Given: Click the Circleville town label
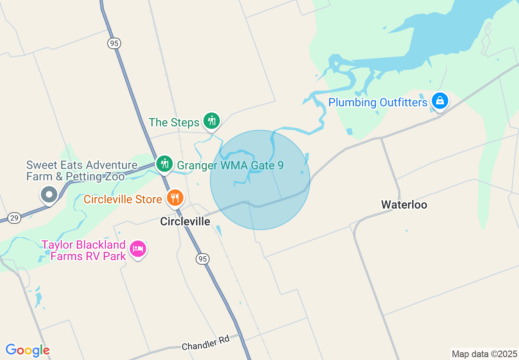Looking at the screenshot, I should [185, 221].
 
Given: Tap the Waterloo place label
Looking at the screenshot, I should [404, 205].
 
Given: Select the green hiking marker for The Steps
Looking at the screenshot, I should [211, 121].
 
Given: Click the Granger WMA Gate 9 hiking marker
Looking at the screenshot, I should [165, 164].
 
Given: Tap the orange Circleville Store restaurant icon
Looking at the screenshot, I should [175, 198].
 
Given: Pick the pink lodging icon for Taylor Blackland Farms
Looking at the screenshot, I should [138, 249].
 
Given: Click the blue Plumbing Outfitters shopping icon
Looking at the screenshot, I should [440, 100].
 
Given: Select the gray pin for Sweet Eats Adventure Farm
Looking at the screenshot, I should [49, 195].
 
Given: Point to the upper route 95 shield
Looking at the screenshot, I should [115, 43].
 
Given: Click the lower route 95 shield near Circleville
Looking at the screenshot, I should [202, 259].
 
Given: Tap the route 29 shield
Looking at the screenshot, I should [14, 218].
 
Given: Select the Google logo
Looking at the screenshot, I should [27, 350].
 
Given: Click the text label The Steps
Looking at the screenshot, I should [174, 122].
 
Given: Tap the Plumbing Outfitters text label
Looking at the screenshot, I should [378, 102].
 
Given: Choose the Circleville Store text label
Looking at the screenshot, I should [123, 200].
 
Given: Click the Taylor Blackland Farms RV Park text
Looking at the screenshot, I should [84, 250].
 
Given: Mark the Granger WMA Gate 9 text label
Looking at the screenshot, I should [230, 166].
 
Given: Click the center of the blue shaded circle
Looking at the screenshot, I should [260, 180].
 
